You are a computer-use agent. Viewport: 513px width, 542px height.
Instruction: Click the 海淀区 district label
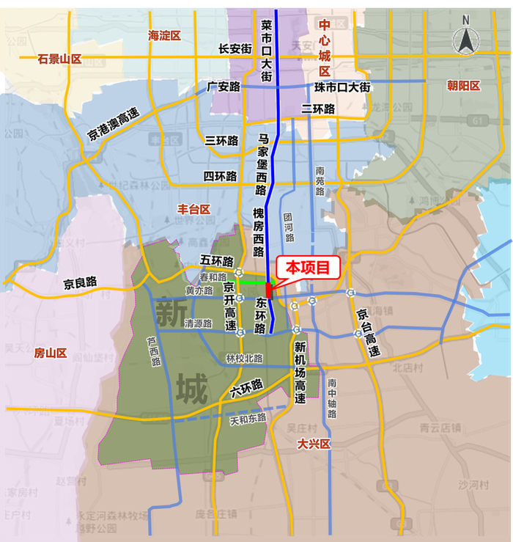pos(164,35)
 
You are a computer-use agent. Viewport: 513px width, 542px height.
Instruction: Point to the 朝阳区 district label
pos(463,86)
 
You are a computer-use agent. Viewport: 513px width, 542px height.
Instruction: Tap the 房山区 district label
pos(51,353)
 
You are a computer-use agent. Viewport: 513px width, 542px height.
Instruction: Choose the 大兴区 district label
pos(314,444)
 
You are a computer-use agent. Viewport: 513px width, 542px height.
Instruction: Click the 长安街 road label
pos(235,48)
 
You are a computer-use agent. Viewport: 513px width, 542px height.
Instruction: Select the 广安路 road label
pos(224,87)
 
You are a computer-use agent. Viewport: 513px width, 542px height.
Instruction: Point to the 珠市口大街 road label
pos(343,87)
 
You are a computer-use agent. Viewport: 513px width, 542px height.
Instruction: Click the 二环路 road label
pos(318,109)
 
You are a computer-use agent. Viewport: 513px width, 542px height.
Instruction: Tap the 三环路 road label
pos(221,140)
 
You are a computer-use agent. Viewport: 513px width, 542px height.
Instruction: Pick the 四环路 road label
pos(220,176)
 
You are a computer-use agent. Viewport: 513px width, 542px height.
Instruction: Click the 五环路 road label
pos(216,260)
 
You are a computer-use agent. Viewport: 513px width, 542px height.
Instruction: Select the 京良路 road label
pos(81,282)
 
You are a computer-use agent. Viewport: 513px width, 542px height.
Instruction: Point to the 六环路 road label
pos(246,387)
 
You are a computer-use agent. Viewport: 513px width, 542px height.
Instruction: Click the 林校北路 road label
pos(244,358)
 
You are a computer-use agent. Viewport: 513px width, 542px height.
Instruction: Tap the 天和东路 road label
pos(249,420)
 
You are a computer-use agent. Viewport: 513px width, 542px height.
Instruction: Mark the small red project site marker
pos(270,290)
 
